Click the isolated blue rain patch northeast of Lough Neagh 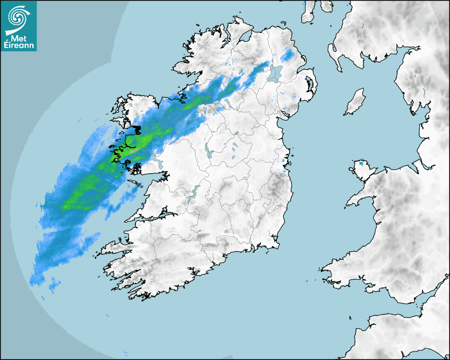[288, 55]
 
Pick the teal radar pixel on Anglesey [362, 164]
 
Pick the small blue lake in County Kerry [141, 259]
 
